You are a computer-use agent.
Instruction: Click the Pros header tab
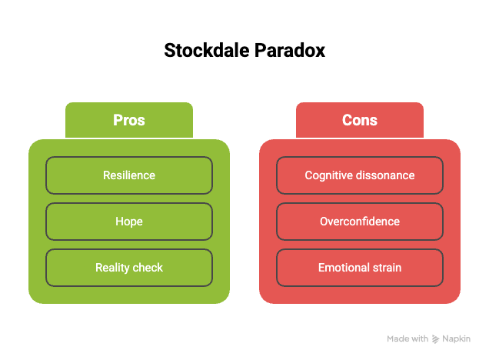(129, 120)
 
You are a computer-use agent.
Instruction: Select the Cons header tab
(360, 120)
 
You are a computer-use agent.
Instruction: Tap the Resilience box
(129, 175)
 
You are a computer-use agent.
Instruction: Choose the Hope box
(129, 222)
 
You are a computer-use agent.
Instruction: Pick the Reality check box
(129, 268)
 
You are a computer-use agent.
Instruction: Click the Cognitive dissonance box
(360, 175)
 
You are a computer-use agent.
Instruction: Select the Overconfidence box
(360, 222)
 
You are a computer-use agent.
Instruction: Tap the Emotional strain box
(360, 268)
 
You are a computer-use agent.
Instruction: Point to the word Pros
(129, 121)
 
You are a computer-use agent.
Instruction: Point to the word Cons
(360, 121)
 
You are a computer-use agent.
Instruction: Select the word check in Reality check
(148, 268)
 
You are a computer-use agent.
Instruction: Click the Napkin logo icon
(436, 338)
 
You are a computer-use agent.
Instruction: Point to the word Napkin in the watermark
(457, 338)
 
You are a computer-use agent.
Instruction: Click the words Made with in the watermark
(407, 338)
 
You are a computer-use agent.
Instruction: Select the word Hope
(129, 222)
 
